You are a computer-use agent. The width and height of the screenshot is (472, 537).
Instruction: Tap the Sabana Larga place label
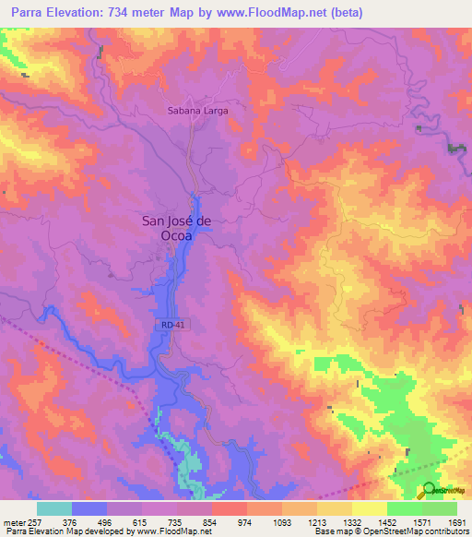[x=197, y=110]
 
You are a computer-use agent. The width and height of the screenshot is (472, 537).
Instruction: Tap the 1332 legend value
[x=351, y=521]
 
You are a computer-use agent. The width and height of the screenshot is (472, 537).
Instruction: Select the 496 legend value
[x=106, y=521]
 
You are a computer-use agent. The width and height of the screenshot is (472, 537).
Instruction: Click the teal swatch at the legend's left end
[x=54, y=508]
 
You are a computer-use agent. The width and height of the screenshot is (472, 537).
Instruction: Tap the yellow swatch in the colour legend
[x=369, y=508]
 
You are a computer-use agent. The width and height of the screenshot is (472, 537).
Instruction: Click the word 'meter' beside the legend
[x=12, y=521]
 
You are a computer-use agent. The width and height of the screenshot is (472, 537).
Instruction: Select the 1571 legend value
[x=421, y=521]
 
